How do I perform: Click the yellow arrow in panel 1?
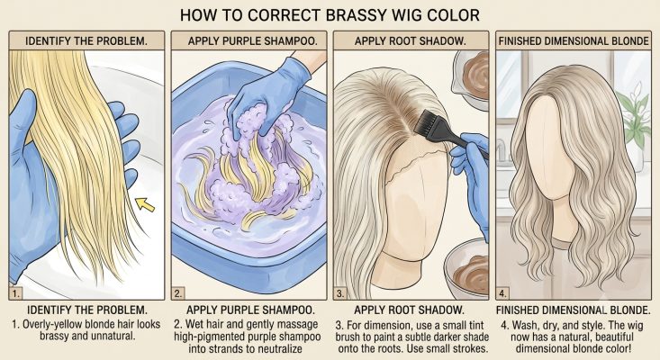[145, 205]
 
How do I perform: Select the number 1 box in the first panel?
[15, 293]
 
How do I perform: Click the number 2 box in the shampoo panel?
[177, 293]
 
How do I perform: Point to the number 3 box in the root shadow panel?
[340, 293]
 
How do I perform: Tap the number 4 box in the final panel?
[502, 293]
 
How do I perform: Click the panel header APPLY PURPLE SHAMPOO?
[252, 41]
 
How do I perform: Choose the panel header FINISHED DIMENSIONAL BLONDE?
[574, 41]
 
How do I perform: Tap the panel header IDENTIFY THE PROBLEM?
[86, 41]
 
